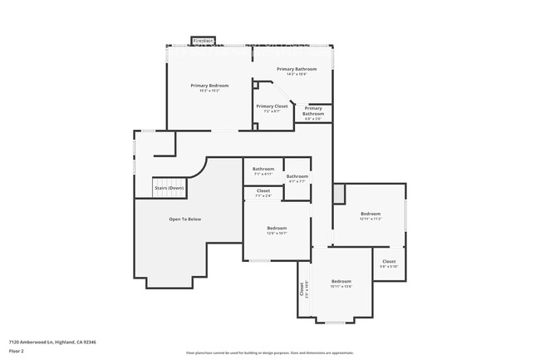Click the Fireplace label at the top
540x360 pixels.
pyautogui.click(x=203, y=40)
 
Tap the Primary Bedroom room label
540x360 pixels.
pyautogui.click(x=209, y=86)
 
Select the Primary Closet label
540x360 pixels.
pyautogui.click(x=272, y=106)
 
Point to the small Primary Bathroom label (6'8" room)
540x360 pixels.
pyautogui.click(x=313, y=111)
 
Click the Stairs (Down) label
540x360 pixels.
pyautogui.click(x=169, y=188)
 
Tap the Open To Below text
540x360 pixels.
pyautogui.click(x=185, y=219)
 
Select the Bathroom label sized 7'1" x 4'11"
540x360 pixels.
pyautogui.click(x=263, y=169)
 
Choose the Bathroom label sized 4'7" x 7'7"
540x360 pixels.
pyautogui.click(x=297, y=176)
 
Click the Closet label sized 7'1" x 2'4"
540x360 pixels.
pyautogui.click(x=263, y=191)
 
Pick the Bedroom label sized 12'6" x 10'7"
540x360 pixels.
pyautogui.click(x=277, y=229)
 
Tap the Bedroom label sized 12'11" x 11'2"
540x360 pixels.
pyautogui.click(x=370, y=215)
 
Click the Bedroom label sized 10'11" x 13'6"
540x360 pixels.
pyautogui.click(x=341, y=282)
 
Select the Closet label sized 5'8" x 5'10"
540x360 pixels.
pyautogui.click(x=389, y=262)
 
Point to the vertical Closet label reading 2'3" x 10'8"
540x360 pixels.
pyautogui.click(x=302, y=289)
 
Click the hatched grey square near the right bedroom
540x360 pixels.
pyautogui.click(x=337, y=193)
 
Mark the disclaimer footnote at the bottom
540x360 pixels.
pyautogui.click(x=270, y=353)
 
